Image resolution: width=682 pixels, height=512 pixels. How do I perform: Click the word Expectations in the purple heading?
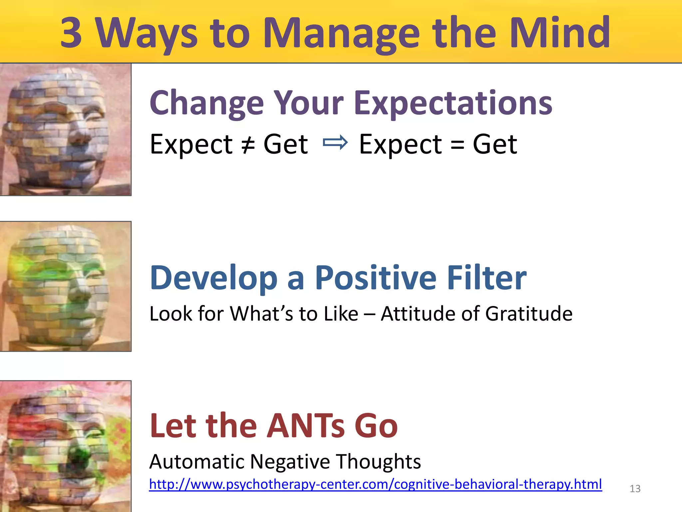click(453, 103)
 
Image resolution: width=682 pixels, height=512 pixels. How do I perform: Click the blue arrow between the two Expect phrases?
click(335, 143)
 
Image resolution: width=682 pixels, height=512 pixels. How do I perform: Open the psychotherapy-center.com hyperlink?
click(375, 484)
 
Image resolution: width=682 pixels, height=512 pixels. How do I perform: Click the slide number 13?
click(635, 489)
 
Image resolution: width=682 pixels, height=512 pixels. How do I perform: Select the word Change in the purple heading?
click(206, 103)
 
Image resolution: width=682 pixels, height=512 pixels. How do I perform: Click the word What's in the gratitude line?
click(261, 314)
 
